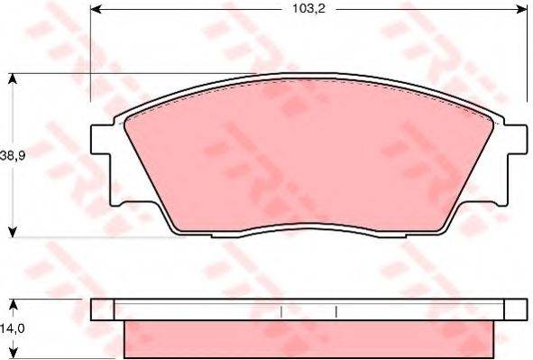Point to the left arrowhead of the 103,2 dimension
click(x=96, y=10)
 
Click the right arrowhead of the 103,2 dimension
click(x=521, y=10)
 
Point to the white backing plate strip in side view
click(x=307, y=310)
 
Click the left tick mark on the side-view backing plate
click(x=282, y=311)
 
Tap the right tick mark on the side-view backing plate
click(x=335, y=311)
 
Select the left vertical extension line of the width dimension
click(x=91, y=54)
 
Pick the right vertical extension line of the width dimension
click(x=526, y=54)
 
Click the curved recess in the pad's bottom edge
click(x=308, y=225)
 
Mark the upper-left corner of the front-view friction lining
click(x=128, y=117)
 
